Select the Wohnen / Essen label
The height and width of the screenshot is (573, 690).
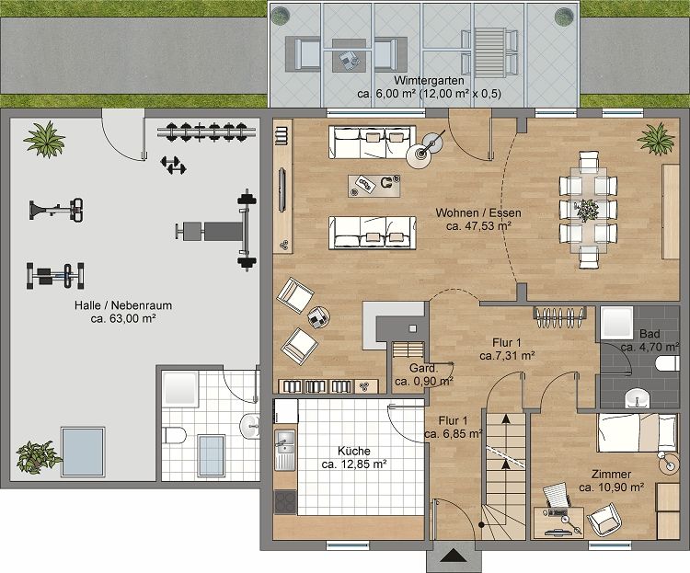[478, 212]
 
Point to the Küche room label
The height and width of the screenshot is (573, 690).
[353, 452]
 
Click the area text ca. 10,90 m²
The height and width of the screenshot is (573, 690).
[611, 487]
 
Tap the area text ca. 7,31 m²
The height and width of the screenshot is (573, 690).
[508, 353]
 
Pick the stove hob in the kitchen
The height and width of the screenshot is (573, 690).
[285, 504]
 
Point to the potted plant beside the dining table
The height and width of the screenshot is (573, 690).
[655, 139]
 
